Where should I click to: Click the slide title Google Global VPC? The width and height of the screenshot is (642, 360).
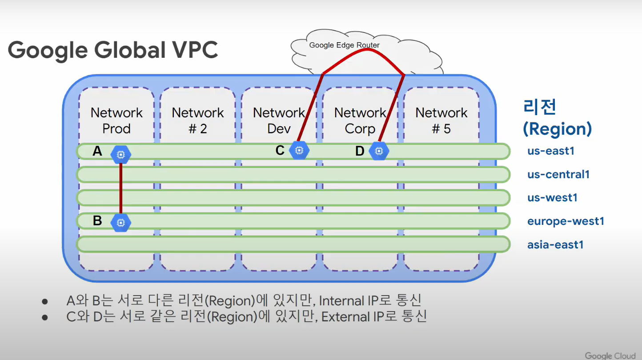113,49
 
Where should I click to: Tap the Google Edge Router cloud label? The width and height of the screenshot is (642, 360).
344,45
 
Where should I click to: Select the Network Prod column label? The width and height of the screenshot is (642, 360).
116,120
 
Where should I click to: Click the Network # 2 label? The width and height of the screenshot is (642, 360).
198,120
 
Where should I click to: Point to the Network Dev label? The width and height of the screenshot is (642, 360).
279,120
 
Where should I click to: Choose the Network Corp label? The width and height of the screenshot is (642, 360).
360,120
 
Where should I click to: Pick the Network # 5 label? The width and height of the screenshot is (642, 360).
441,120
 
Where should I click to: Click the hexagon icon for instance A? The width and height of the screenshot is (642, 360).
120,154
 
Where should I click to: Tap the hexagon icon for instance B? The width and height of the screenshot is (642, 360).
120,222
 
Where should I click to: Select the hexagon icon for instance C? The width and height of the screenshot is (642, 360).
299,151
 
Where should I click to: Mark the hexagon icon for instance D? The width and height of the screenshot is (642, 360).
379,151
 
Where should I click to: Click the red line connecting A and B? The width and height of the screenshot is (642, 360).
120,189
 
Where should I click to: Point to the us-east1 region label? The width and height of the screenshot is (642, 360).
551,151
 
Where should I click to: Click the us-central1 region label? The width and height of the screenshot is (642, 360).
558,175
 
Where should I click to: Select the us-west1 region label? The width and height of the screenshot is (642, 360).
552,198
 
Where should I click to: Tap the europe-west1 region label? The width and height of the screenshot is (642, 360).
566,221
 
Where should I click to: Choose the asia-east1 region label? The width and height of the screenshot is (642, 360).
555,245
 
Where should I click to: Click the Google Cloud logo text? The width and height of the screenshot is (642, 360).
610,355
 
